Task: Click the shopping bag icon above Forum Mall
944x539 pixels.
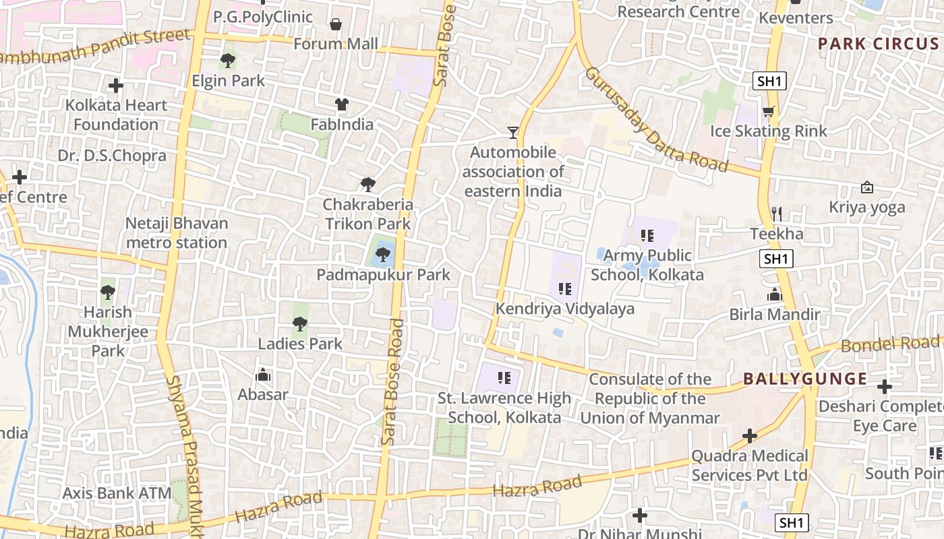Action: click(x=336, y=25)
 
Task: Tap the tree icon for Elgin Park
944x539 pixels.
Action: click(x=228, y=61)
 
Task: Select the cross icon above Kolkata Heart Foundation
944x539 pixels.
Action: click(x=116, y=86)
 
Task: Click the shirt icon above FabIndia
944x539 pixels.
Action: click(x=342, y=104)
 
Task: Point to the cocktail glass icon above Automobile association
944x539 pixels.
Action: click(x=513, y=133)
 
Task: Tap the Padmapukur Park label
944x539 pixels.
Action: click(x=383, y=275)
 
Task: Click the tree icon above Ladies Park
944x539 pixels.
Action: click(x=300, y=324)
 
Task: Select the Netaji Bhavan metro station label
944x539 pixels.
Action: click(x=177, y=232)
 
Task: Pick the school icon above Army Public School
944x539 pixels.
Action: click(x=647, y=236)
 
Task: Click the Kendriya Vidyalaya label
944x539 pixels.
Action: click(x=565, y=309)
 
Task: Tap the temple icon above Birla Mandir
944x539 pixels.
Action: click(x=775, y=295)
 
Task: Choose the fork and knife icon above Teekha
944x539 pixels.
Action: click(x=777, y=214)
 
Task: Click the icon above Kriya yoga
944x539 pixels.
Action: click(x=867, y=187)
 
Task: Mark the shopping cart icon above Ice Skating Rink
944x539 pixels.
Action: click(x=768, y=111)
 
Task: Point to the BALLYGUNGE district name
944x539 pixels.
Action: click(x=805, y=379)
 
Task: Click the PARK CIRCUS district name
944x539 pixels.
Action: click(x=878, y=44)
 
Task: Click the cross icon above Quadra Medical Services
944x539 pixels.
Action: click(x=749, y=436)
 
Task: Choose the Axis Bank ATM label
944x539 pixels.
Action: click(x=117, y=493)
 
